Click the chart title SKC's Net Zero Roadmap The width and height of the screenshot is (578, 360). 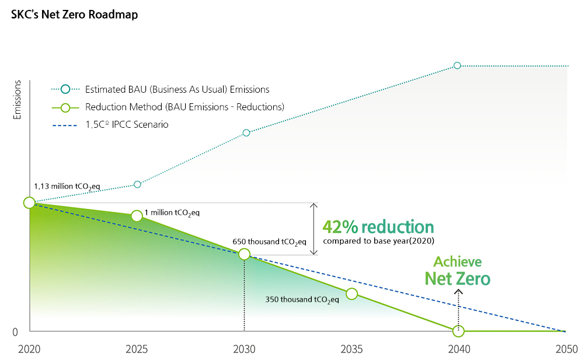pyautogui.click(x=74, y=15)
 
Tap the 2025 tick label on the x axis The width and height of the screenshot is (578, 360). pyautogui.click(x=137, y=349)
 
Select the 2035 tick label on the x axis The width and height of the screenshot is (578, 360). pyautogui.click(x=351, y=349)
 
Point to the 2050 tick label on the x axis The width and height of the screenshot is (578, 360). pyautogui.click(x=566, y=349)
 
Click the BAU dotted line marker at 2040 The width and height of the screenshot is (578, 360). pyautogui.click(x=457, y=65)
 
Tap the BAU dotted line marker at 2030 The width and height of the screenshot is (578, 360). pyautogui.click(x=246, y=132)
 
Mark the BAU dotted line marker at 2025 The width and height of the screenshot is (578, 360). pyautogui.click(x=137, y=184)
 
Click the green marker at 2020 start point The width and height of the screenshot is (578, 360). pyautogui.click(x=29, y=202)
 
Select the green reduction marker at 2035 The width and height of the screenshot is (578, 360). pyautogui.click(x=351, y=293)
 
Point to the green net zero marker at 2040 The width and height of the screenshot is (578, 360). pyautogui.click(x=458, y=331)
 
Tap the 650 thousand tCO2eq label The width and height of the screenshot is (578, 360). pyautogui.click(x=269, y=241)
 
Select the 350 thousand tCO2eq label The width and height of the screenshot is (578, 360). pyautogui.click(x=302, y=300)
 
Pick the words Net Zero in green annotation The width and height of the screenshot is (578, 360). pyautogui.click(x=457, y=279)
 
